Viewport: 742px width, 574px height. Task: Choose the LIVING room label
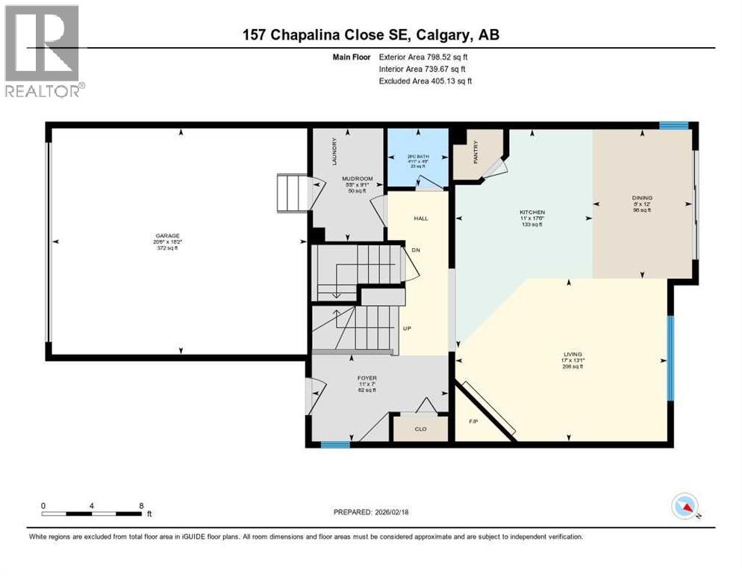(x=573, y=354)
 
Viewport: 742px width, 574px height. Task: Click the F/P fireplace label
(x=473, y=422)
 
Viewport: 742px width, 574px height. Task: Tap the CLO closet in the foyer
(x=420, y=428)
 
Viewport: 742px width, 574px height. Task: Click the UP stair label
(x=407, y=328)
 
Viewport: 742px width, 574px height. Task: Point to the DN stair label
(x=417, y=250)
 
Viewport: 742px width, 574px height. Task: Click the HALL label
(x=420, y=217)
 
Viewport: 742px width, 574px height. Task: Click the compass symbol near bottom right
(x=684, y=506)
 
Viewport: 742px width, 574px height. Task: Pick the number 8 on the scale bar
(x=141, y=505)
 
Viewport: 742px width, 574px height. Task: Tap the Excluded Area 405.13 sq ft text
(x=425, y=81)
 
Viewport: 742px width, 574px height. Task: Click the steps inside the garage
(x=293, y=193)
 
